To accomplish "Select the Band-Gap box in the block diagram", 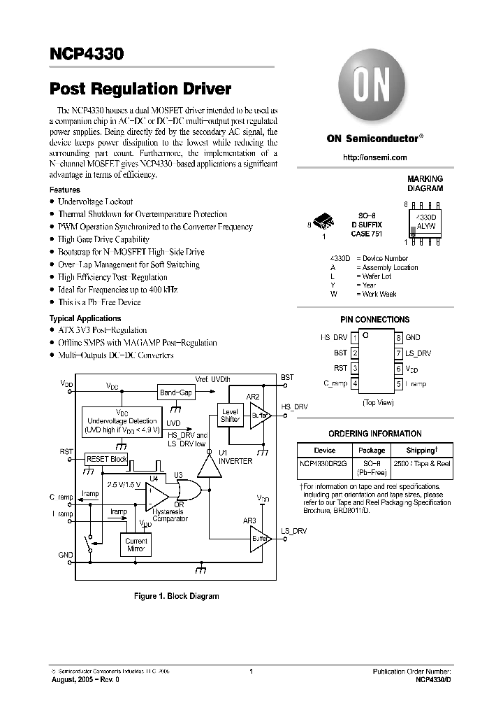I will pyautogui.click(x=176, y=392).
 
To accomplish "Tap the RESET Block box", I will pyautogui.click(x=106, y=459).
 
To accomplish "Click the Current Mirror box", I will pyautogui.click(x=136, y=545).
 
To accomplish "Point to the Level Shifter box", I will pyautogui.click(x=230, y=416).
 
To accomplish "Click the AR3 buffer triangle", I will pyautogui.click(x=259, y=539).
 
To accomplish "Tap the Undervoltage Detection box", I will pyautogui.click(x=122, y=421).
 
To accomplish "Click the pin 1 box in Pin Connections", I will pyautogui.click(x=355, y=338).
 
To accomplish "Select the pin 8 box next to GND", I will pyautogui.click(x=399, y=338).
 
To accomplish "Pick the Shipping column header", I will pyautogui.click(x=422, y=450).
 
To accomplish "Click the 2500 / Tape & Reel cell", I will pyautogui.click(x=422, y=464).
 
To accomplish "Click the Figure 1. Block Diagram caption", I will pyautogui.click(x=177, y=596).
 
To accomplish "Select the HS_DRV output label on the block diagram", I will pyautogui.click(x=294, y=406).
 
